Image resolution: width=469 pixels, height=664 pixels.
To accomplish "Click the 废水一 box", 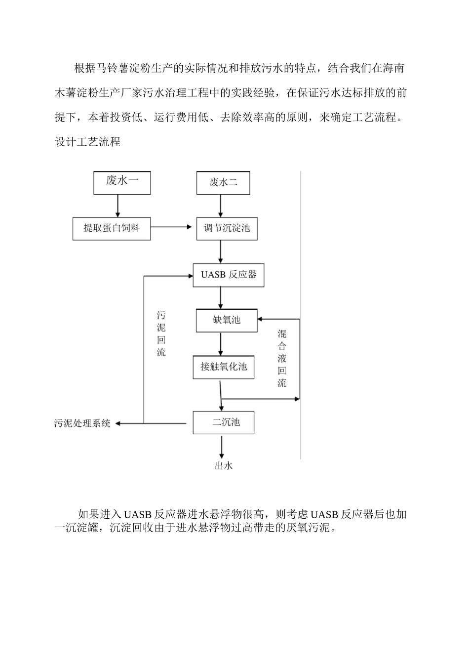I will [122, 183].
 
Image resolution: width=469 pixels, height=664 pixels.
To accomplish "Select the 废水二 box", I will [223, 183].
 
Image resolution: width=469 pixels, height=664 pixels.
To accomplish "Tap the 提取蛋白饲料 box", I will [112, 228].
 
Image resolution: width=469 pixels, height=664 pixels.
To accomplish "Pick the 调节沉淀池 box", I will [227, 229].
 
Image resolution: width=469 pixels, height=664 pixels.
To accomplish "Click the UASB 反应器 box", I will [228, 275].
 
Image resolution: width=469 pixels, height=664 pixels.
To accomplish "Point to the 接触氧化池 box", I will [223, 367].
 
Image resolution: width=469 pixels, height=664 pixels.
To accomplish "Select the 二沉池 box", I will [223, 422].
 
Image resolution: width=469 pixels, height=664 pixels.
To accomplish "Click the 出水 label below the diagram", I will [223, 466].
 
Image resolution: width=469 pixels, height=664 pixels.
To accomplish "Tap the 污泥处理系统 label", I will [82, 423].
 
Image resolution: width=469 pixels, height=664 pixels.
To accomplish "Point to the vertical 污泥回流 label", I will [161, 334].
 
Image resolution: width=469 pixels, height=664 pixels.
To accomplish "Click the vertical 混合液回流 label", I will [281, 358].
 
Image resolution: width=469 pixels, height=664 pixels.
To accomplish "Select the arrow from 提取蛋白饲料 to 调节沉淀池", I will [171, 227].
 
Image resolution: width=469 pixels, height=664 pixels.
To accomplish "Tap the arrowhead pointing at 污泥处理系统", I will [118, 423].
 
